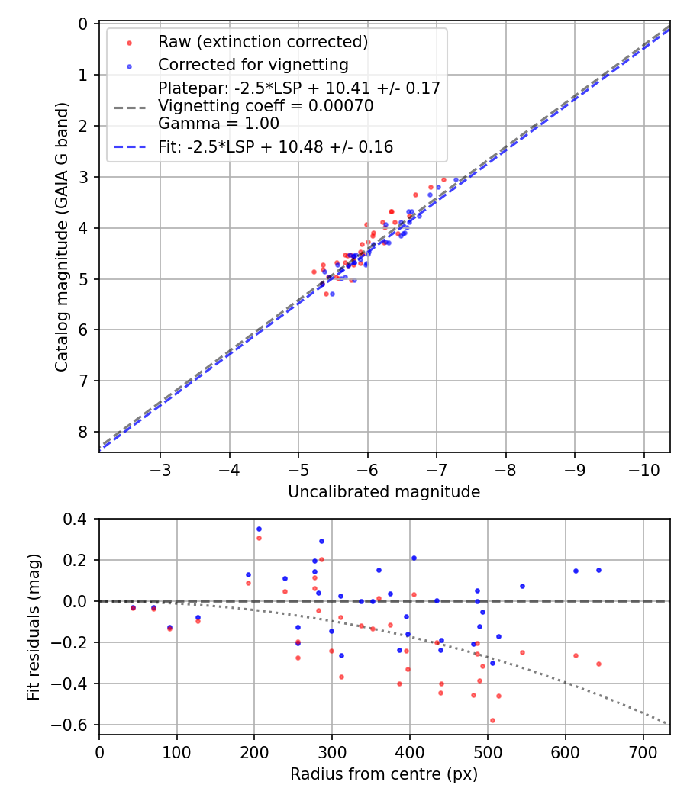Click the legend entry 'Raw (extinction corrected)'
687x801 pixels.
pyautogui.click(x=263, y=41)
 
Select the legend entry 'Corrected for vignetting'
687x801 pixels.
pyautogui.click(x=253, y=65)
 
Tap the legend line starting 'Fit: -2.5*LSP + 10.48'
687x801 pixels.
pyautogui.click(x=276, y=147)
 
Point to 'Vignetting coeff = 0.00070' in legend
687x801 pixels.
pyautogui.click(x=266, y=106)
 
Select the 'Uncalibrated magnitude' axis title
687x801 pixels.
pyautogui.click(x=384, y=492)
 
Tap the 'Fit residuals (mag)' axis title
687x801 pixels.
pyautogui.click(x=33, y=627)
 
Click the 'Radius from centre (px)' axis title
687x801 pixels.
pyautogui.click(x=384, y=774)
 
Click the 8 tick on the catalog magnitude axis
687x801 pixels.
pyautogui.click(x=82, y=432)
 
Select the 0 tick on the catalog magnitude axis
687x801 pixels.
pyautogui.click(x=82, y=24)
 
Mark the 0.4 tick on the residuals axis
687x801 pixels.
pyautogui.click(x=76, y=520)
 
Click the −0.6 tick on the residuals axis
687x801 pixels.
pyautogui.click(x=73, y=724)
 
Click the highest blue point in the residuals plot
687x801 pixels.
pyautogui.click(x=259, y=529)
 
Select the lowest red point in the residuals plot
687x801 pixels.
pyautogui.click(x=492, y=720)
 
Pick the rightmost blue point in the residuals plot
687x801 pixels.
pyautogui.click(x=598, y=570)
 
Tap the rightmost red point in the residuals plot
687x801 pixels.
pyautogui.click(x=598, y=664)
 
